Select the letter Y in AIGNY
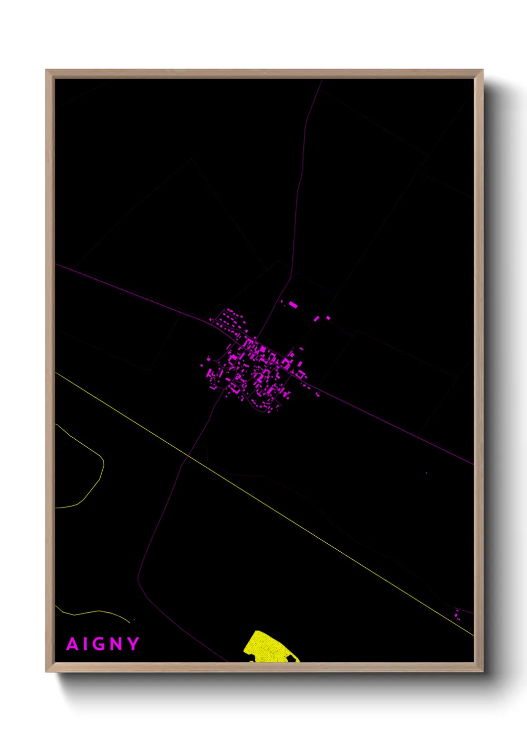(x=133, y=644)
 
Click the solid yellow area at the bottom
(x=269, y=648)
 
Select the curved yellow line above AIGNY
(x=100, y=612)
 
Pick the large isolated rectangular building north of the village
(x=293, y=304)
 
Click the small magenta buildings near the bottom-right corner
(x=457, y=614)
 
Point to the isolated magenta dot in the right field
(x=426, y=473)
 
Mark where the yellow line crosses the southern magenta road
(x=187, y=456)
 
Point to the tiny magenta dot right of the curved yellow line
(x=134, y=620)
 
